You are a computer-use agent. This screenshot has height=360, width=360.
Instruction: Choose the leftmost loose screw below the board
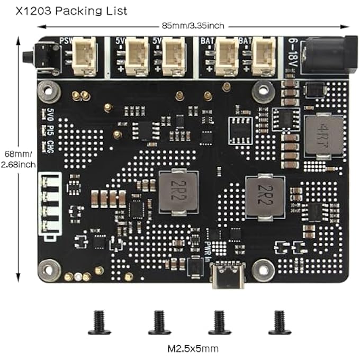(99, 323)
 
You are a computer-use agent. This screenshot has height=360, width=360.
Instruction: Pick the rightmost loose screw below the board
(280, 323)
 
